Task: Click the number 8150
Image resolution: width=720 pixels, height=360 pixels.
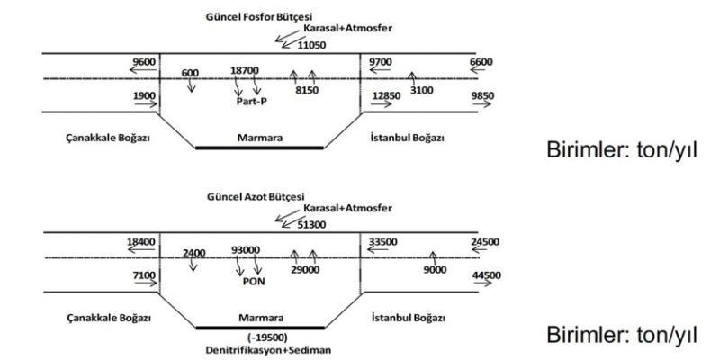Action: pyautogui.click(x=307, y=90)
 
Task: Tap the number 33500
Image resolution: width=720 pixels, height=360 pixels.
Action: pyautogui.click(x=384, y=242)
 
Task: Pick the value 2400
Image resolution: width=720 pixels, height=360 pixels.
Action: pyautogui.click(x=194, y=253)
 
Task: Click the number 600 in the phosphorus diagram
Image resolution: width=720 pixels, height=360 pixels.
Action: pyautogui.click(x=190, y=72)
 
